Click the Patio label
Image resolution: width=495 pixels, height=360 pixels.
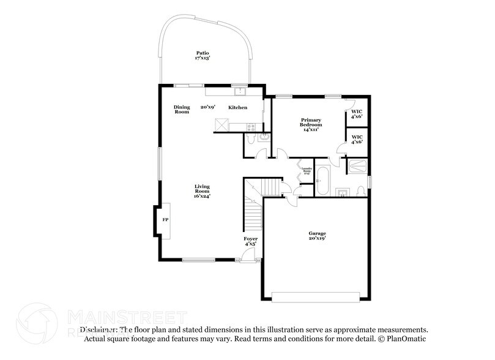[202, 56]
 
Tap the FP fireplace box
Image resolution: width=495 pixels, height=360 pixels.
[164, 219]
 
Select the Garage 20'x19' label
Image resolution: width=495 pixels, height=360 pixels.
[316, 236]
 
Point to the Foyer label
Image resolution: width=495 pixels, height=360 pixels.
[251, 241]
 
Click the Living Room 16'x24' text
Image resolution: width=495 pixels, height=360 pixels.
[203, 191]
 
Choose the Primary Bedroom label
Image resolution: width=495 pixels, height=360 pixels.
[311, 124]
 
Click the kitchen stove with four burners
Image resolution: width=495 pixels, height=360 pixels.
[250, 127]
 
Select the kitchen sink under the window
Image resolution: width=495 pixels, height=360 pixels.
[240, 92]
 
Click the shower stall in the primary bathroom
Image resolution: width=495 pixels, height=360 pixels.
[356, 165]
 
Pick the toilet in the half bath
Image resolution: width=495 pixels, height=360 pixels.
[261, 137]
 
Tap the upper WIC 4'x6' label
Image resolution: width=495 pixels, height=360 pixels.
[357, 113]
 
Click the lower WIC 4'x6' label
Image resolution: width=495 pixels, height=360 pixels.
[357, 140]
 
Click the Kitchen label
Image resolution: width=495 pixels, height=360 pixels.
[238, 108]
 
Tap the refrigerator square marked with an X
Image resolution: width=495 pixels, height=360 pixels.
[221, 125]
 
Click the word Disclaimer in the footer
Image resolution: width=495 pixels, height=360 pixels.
[98, 329]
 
